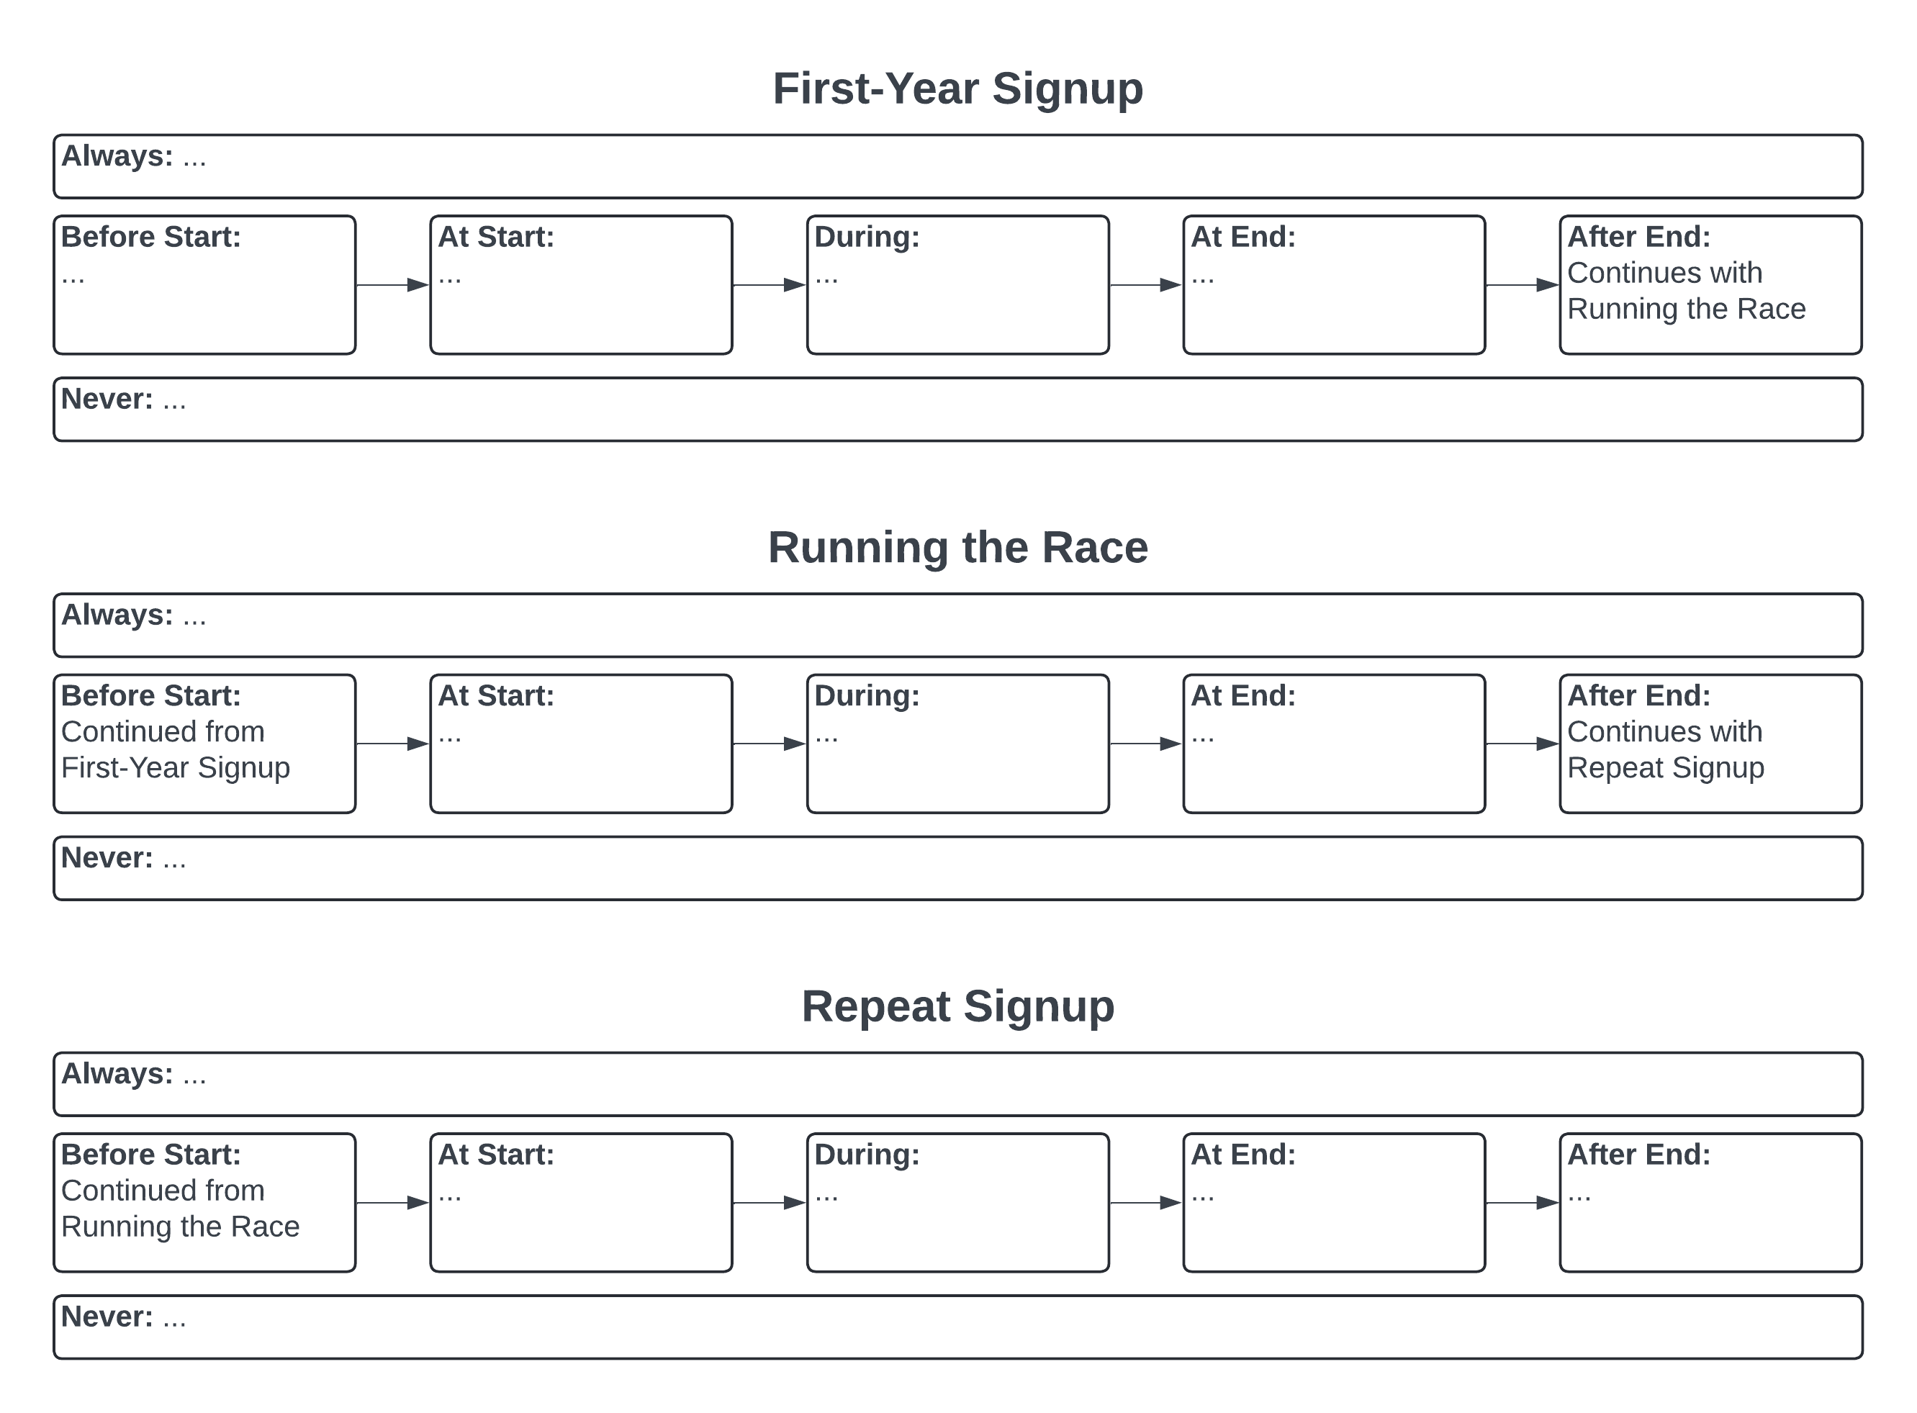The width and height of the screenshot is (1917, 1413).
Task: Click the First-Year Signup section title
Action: tap(957, 89)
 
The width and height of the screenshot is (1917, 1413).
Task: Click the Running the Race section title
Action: tap(957, 547)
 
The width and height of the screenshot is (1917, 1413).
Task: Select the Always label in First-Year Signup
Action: tap(117, 156)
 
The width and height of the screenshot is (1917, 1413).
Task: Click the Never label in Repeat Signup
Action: tap(107, 1317)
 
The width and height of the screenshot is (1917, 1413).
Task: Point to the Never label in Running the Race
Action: tap(107, 858)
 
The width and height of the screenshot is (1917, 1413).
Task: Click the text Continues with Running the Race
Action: tap(1685, 291)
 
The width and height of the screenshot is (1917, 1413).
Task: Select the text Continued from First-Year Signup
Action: tap(176, 750)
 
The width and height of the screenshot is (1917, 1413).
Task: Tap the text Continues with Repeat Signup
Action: tap(1664, 750)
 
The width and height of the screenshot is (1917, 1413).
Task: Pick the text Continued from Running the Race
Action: tap(180, 1209)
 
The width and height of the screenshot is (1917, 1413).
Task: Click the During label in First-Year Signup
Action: tap(867, 237)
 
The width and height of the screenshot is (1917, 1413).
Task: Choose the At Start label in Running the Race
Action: tap(495, 696)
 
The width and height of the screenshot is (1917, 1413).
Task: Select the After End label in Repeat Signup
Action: tap(1638, 1155)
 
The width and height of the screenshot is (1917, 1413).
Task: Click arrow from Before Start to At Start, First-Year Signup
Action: tap(392, 285)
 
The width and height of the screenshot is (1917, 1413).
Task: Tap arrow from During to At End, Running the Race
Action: tap(1145, 744)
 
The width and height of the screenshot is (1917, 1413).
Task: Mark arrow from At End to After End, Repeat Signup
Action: tap(1522, 1203)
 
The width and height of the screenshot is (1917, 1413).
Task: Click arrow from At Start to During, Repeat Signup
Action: tap(769, 1203)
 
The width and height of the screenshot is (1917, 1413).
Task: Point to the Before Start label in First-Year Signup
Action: tap(150, 237)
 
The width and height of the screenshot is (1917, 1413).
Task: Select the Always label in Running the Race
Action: tap(117, 615)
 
